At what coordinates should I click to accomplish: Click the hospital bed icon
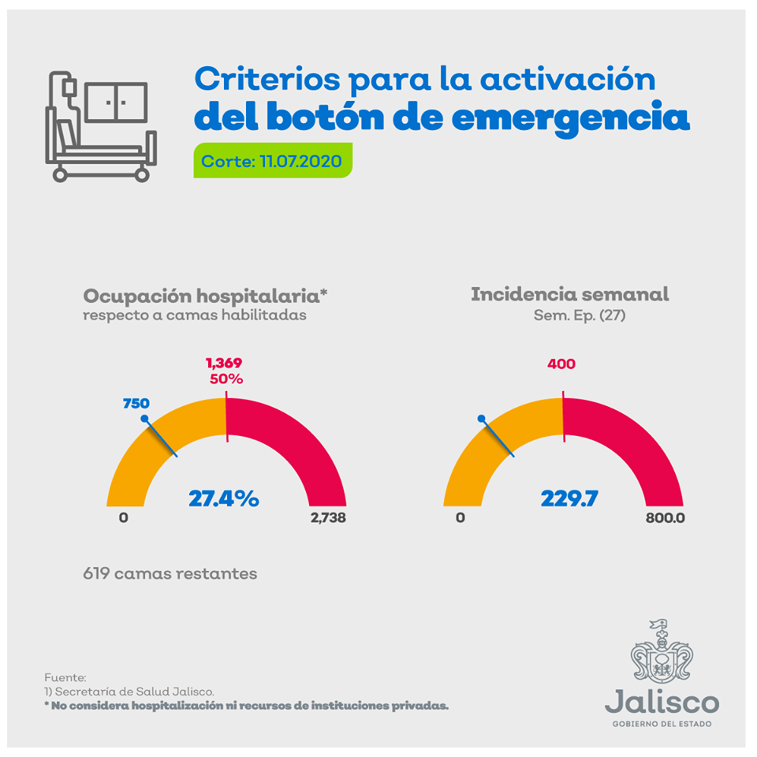[99, 126]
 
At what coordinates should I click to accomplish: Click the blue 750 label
[136, 404]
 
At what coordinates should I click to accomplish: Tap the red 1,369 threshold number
[224, 364]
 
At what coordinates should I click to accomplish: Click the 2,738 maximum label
[327, 518]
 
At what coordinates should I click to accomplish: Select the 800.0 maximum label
[665, 518]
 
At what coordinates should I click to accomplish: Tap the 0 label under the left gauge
[123, 518]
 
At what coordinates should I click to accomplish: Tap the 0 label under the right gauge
[461, 518]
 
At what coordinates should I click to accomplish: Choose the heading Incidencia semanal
[569, 294]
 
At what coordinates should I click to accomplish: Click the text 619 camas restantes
[170, 573]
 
